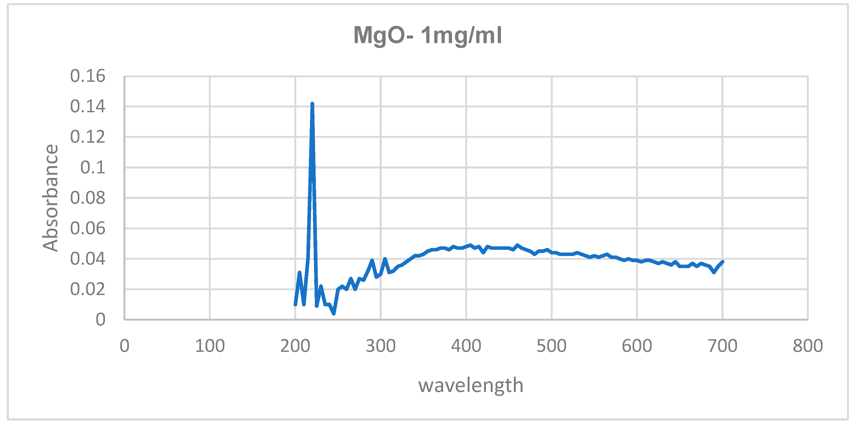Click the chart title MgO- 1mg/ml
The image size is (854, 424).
(x=427, y=36)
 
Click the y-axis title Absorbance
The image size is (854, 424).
(x=50, y=198)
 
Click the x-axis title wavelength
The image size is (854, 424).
(x=471, y=386)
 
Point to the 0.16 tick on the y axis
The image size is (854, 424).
(x=87, y=76)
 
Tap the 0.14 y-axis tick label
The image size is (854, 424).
(x=87, y=107)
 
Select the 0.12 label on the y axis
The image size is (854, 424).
(x=87, y=137)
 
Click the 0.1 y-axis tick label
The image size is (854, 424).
(x=93, y=167)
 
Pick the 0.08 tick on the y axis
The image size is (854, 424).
(x=87, y=198)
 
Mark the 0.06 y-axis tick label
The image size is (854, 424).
(x=87, y=229)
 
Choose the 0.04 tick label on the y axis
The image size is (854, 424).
(x=87, y=259)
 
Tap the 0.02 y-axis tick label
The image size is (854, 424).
(x=87, y=289)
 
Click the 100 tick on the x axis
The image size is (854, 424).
(x=210, y=346)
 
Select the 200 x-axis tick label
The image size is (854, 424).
(x=295, y=346)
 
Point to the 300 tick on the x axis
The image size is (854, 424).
(x=380, y=346)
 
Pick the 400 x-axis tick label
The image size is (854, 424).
(x=466, y=346)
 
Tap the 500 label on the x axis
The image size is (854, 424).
(x=551, y=346)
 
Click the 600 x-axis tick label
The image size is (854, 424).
(x=637, y=346)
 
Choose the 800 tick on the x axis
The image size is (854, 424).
(x=808, y=346)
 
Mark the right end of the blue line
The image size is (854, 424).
(x=722, y=262)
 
